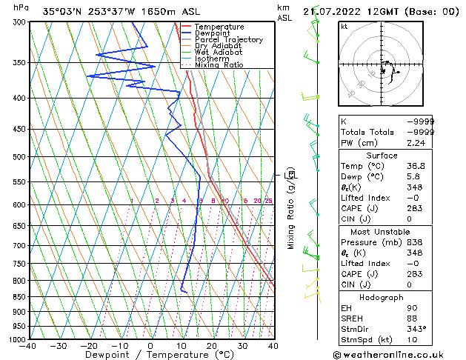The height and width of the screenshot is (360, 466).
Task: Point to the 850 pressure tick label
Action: tap(16, 296)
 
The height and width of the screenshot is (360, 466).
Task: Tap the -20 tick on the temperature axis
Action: tap(89, 345)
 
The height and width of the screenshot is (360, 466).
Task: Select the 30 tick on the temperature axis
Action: tap(242, 345)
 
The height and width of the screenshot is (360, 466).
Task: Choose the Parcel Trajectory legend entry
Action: tap(228, 40)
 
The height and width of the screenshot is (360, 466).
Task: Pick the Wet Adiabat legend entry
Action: tap(218, 53)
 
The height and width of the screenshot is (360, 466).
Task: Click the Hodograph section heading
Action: tap(382, 297)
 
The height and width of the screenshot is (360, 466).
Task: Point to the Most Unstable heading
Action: tap(382, 231)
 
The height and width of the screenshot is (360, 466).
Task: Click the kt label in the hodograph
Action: tap(344, 26)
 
